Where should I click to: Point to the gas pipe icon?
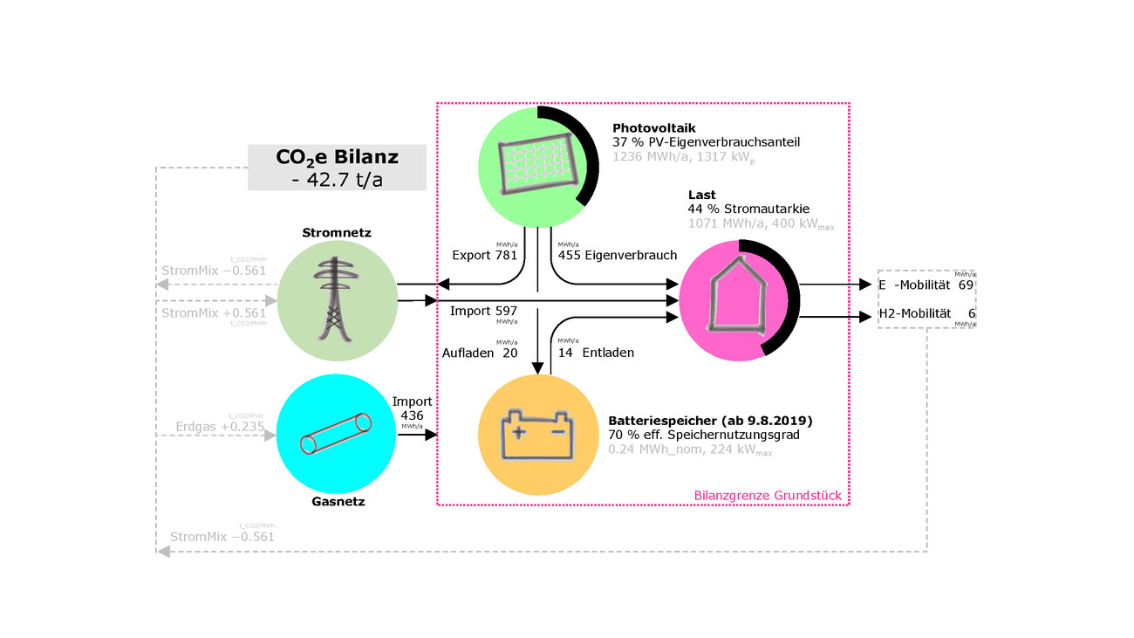[x=336, y=434]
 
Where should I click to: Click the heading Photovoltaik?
[x=652, y=127]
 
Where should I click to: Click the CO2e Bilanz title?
[x=337, y=158]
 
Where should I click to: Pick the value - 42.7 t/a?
[x=337, y=179]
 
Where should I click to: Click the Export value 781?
[x=508, y=256]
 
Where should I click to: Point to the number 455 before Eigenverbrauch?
[x=570, y=256]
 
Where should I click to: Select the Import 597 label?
[x=484, y=311]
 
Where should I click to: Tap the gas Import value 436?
[x=412, y=415]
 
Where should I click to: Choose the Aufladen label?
[x=468, y=353]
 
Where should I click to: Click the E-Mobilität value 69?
[x=966, y=285]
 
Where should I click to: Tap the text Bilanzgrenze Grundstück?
[x=768, y=496]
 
